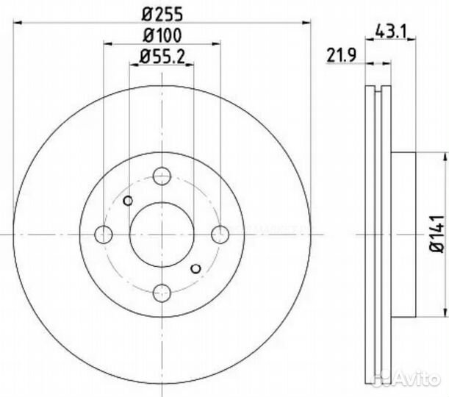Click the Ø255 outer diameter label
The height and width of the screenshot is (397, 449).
162,12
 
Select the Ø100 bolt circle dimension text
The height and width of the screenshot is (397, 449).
162,34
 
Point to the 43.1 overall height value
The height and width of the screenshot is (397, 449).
391,31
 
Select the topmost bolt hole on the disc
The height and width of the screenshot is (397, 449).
162,176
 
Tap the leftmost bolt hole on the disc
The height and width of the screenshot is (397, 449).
104,235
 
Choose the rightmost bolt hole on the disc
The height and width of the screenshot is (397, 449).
220,234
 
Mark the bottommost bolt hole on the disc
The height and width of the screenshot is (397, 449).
162,292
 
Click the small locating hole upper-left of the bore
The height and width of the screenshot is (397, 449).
129,201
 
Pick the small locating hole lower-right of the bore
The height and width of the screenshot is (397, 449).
195,268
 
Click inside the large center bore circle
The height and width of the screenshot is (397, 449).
162,234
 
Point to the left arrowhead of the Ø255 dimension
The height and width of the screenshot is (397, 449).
17,24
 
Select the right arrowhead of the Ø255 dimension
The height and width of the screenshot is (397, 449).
308,24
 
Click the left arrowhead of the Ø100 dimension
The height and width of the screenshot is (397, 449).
107,44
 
